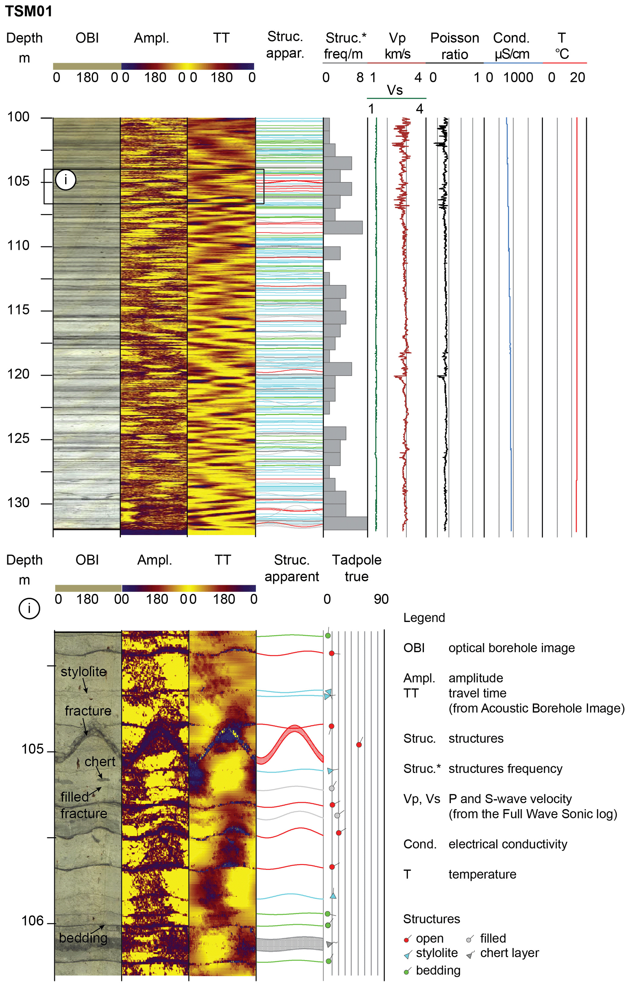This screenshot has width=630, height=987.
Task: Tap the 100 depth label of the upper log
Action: coord(18,117)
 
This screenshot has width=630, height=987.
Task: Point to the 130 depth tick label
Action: coord(18,503)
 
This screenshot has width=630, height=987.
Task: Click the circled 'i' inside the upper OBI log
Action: coord(66,180)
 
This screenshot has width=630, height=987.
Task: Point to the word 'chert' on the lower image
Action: coord(100,762)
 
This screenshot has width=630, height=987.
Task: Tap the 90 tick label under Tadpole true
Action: coord(381,599)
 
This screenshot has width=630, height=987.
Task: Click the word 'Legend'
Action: coord(424,618)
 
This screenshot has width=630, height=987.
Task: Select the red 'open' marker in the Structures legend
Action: coord(406,940)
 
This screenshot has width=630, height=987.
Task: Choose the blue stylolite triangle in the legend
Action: coord(407,955)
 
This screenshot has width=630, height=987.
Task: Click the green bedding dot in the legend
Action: coord(406,972)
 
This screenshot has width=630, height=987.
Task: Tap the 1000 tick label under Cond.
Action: coord(518,77)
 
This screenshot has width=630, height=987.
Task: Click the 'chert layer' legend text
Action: coord(510,953)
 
